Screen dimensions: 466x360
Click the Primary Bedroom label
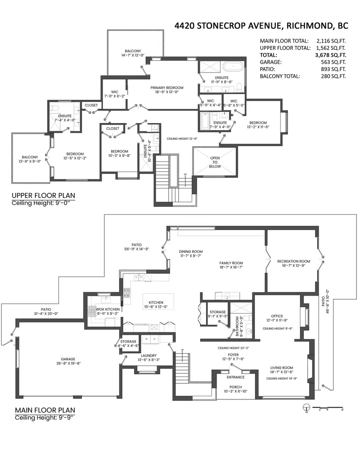[x=167, y=87]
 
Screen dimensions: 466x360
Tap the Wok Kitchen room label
[x=108, y=309]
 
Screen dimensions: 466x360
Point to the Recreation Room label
[x=293, y=261]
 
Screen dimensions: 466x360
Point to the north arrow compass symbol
[x=306, y=408]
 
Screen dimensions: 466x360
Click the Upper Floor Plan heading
[x=43, y=196]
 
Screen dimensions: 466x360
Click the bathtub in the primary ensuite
[x=233, y=68]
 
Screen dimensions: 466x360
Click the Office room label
[x=277, y=316]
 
